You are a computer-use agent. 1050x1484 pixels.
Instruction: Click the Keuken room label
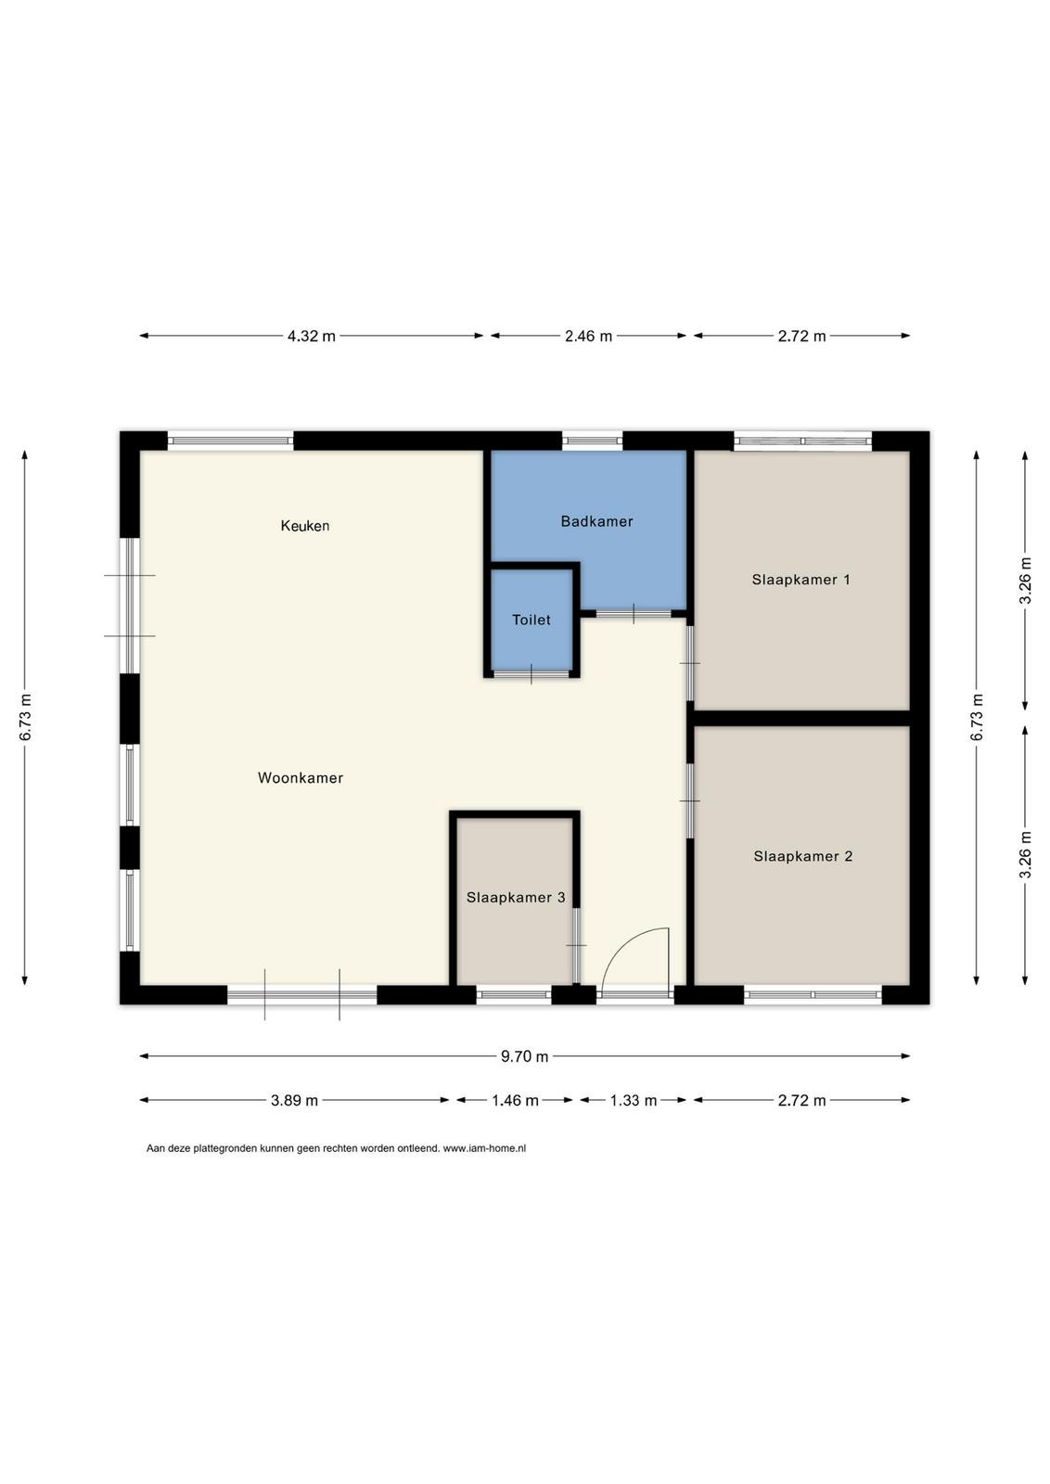click(305, 526)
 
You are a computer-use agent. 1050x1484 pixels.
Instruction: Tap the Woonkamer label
click(301, 778)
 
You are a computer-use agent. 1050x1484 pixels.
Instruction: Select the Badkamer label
click(596, 521)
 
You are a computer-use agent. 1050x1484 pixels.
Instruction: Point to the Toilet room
click(531, 620)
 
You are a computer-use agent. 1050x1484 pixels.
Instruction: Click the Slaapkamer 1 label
click(800, 580)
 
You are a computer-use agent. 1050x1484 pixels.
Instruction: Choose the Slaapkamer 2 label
click(803, 856)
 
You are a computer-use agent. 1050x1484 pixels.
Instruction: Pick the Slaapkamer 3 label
click(516, 897)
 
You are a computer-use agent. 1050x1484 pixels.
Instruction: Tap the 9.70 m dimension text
click(524, 1056)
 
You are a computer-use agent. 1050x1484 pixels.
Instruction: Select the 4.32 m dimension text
click(312, 336)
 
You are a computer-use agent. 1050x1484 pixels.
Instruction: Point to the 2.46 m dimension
click(588, 336)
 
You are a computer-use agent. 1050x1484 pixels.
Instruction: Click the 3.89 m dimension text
click(294, 1100)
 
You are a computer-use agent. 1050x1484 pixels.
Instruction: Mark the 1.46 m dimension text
click(515, 1100)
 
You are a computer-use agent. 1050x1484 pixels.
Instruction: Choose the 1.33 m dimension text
click(634, 1100)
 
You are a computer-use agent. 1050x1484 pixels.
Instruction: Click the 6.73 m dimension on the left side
click(25, 718)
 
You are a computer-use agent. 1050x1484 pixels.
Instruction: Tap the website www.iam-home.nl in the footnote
click(484, 1148)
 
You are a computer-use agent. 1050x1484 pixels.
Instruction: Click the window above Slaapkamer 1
click(802, 441)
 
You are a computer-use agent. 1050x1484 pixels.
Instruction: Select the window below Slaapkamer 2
click(813, 993)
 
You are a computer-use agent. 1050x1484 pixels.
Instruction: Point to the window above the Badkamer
click(593, 441)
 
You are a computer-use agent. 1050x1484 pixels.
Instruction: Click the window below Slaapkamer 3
click(514, 993)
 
